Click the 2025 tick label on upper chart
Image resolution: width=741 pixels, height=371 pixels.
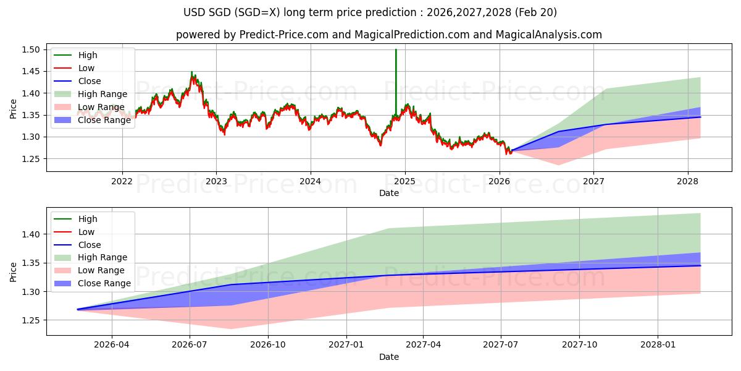coord(404,181)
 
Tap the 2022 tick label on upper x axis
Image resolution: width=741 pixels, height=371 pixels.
coord(122,181)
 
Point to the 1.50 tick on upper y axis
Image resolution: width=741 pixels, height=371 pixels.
coord(31,49)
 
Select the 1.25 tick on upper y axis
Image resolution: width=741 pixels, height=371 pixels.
coord(31,159)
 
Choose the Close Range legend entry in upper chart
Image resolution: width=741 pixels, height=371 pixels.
coord(104,120)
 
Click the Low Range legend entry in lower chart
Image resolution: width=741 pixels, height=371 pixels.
coord(101,270)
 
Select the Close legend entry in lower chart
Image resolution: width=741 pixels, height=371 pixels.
coord(89,244)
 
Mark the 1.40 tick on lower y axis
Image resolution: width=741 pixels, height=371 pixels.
coord(31,234)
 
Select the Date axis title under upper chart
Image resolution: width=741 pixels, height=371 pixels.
coord(389,193)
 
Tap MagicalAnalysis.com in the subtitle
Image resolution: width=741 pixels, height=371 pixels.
coord(551,35)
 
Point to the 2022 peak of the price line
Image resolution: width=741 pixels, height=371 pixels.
coord(192,73)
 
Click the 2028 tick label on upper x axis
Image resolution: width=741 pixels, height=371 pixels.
coord(688,181)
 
